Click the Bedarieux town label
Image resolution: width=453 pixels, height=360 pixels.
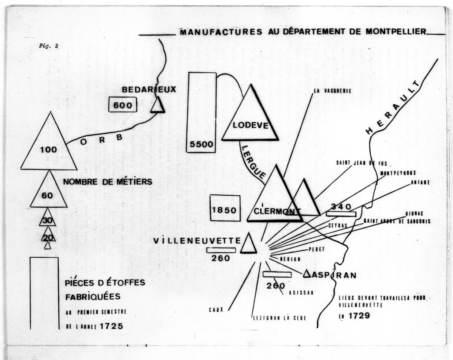(149, 89)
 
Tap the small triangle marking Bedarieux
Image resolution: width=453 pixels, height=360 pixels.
(158, 105)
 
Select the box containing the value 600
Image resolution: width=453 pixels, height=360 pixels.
(123, 105)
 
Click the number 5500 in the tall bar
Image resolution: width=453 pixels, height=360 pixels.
(201, 144)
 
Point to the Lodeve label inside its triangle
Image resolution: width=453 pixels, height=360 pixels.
(250, 125)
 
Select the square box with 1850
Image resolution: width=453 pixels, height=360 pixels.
(225, 208)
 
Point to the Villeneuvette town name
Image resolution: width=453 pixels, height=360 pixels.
(197, 241)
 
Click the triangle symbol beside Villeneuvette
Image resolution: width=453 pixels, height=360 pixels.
(249, 243)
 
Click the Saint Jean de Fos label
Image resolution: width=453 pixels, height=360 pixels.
(361, 163)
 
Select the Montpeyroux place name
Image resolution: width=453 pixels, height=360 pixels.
(398, 173)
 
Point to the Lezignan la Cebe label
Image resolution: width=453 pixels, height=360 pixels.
(280, 318)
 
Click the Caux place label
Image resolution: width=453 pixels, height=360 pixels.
(216, 310)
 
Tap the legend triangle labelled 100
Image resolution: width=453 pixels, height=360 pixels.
(49, 141)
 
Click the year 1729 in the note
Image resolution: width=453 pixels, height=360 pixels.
(359, 315)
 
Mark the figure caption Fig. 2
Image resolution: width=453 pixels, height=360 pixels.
(49, 46)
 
